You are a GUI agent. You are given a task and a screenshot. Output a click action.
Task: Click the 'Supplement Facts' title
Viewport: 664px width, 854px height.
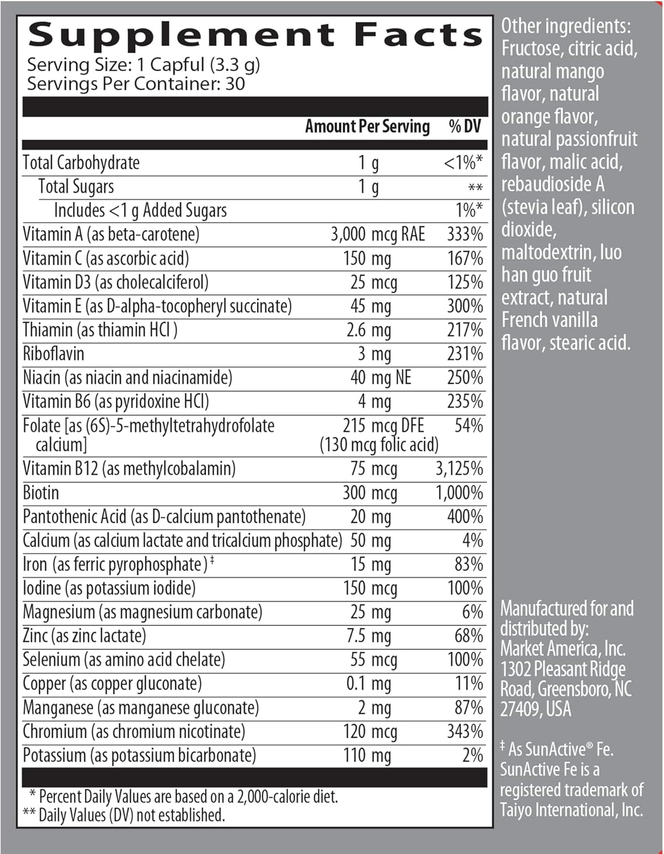click(x=255, y=35)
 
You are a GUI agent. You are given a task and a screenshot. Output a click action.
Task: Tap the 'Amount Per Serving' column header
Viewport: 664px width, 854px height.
click(x=367, y=126)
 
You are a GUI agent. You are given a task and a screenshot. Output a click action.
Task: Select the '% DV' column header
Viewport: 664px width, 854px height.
click(x=465, y=126)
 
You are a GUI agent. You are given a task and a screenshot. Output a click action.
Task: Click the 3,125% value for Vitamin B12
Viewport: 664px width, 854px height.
click(x=459, y=469)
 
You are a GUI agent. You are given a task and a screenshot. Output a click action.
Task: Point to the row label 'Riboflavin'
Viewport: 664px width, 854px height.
click(x=54, y=354)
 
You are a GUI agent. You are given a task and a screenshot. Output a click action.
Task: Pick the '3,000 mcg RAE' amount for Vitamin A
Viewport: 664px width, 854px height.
click(x=378, y=235)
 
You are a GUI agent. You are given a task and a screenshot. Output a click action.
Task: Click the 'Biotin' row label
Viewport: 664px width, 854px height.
click(x=41, y=492)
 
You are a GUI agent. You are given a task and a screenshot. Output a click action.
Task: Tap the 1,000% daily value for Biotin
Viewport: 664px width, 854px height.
click(x=459, y=492)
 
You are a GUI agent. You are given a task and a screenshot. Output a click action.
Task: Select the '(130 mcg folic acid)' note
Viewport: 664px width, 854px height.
click(x=379, y=445)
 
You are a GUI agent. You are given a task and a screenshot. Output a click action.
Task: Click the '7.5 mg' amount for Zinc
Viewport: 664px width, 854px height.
click(x=368, y=636)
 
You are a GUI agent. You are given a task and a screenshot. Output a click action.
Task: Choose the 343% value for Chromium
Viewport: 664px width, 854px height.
click(x=465, y=732)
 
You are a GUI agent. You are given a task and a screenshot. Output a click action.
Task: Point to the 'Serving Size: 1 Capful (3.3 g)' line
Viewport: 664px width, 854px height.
click(x=144, y=65)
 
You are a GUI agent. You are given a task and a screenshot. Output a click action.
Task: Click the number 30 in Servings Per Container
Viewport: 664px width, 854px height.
click(x=235, y=84)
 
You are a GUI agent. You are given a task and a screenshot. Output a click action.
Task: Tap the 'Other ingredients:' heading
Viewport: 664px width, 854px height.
click(x=565, y=26)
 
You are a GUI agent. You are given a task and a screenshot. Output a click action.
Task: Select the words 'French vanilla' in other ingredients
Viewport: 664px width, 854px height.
click(x=550, y=320)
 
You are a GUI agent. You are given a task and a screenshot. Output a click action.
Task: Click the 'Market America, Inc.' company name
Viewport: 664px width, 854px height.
click(x=563, y=648)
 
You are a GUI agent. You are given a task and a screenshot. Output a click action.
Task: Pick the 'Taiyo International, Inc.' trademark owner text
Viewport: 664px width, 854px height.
click(x=571, y=810)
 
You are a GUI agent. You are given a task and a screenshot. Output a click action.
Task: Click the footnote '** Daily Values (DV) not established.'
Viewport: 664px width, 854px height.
click(x=124, y=815)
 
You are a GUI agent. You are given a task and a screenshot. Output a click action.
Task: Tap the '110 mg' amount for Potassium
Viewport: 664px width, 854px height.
click(x=367, y=756)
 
